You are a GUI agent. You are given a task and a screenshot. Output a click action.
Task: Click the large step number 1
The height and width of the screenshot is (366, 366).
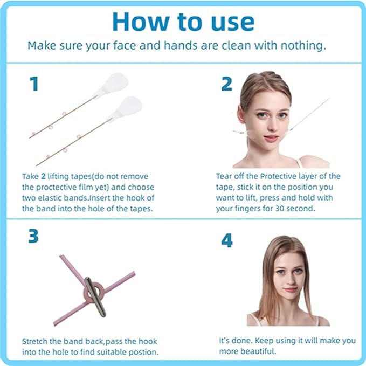pos(34,84)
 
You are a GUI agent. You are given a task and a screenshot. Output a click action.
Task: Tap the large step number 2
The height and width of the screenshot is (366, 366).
pos(226,84)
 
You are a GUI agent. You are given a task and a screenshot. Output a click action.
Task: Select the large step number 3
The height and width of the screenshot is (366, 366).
pos(33,236)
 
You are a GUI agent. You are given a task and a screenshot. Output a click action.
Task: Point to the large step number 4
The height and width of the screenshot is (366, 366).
pos(227,240)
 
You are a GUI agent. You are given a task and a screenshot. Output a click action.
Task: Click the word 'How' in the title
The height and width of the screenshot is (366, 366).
pos(141,22)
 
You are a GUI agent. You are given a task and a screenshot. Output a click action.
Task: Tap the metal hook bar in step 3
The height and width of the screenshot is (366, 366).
pos(95,296)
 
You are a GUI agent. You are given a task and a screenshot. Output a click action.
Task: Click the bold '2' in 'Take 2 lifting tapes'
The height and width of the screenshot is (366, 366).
pos(43,176)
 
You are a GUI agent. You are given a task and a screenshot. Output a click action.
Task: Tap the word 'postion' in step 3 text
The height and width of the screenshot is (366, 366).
pos(144,352)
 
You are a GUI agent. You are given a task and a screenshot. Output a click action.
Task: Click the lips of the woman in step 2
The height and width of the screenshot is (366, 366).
pos(271,138)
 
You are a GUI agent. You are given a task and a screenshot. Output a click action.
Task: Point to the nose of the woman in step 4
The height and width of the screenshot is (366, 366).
pos(288,280)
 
